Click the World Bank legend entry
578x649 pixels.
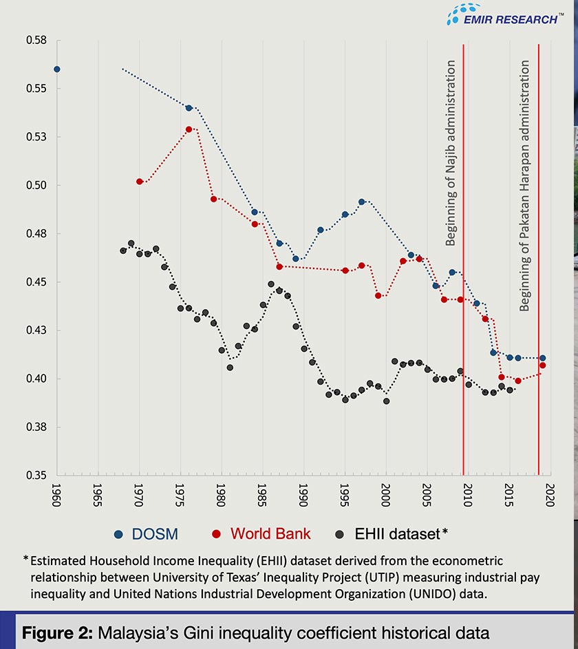262,533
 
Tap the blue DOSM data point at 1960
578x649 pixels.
57,70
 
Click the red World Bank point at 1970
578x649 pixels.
140,182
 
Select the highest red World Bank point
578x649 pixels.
189,129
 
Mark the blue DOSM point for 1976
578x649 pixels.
189,108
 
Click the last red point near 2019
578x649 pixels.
543,365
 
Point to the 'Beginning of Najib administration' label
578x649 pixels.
451,153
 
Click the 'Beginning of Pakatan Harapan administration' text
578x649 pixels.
525,186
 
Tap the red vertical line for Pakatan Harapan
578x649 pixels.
538,275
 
